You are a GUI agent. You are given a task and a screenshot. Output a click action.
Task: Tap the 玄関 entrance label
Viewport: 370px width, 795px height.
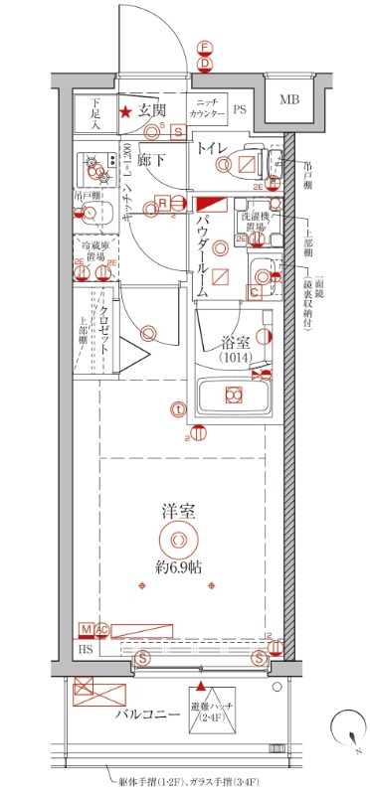(152, 111)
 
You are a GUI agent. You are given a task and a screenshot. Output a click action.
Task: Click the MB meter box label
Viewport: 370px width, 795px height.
(288, 99)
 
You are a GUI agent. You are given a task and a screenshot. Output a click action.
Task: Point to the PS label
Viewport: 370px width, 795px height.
(240, 110)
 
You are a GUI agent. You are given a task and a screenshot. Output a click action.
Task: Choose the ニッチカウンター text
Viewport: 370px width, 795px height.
(207, 110)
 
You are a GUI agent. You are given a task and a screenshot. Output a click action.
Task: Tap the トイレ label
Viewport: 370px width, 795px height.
(212, 148)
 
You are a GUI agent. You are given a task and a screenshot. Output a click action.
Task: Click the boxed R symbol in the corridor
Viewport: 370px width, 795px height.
(161, 204)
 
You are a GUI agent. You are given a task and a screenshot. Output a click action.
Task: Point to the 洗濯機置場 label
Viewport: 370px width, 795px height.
(252, 222)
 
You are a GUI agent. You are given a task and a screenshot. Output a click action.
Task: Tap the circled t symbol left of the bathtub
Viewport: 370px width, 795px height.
(177, 408)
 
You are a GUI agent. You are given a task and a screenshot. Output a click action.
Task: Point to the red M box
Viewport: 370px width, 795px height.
(87, 629)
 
